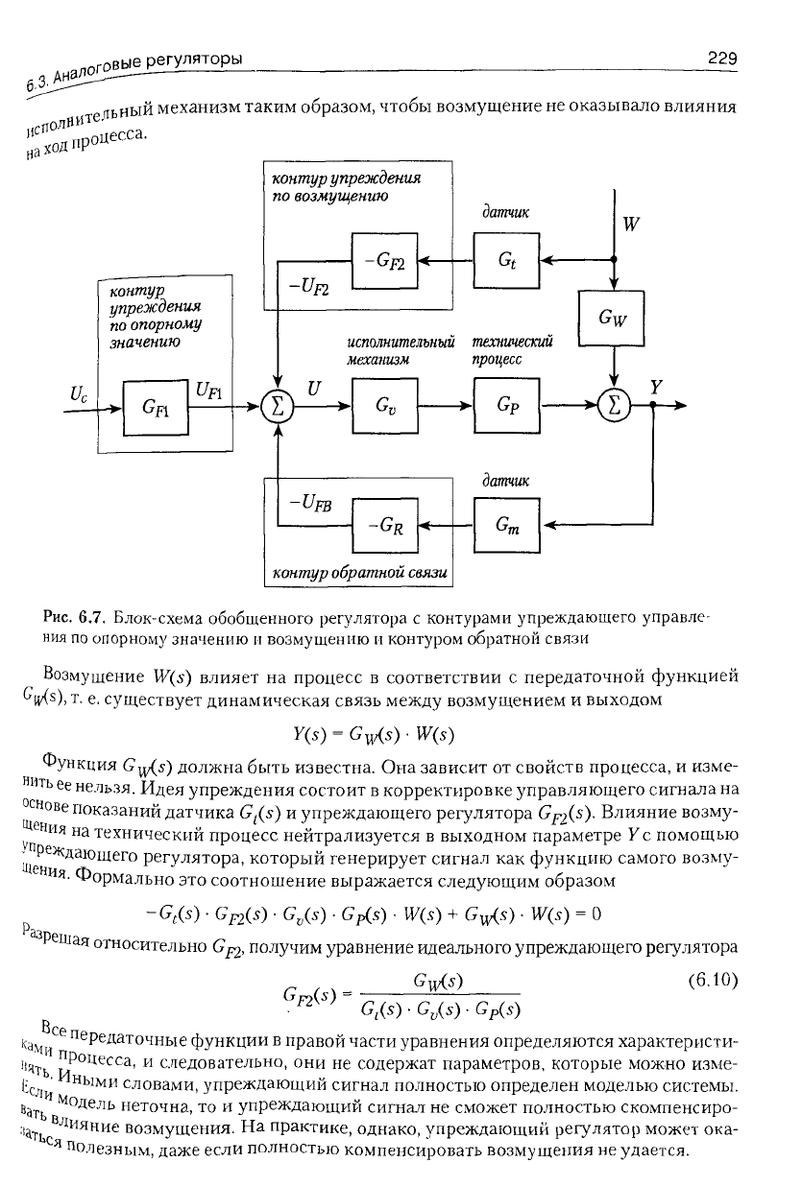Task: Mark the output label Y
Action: coord(656,387)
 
